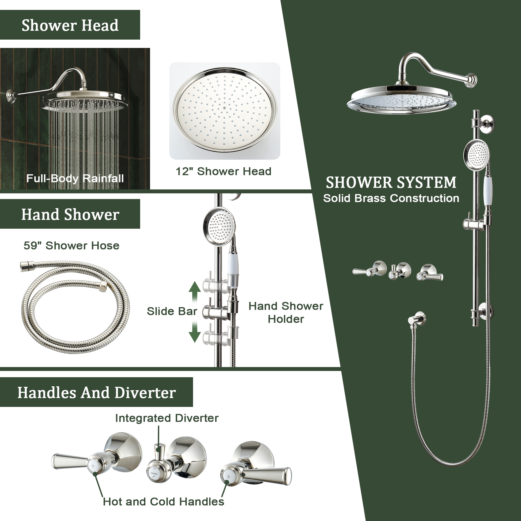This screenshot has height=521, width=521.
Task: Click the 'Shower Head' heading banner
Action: [70, 25]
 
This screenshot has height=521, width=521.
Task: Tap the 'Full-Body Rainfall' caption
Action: [75, 178]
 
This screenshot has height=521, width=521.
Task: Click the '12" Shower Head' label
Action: [224, 171]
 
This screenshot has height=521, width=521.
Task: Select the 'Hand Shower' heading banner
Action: [70, 214]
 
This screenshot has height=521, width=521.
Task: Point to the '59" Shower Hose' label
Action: [71, 246]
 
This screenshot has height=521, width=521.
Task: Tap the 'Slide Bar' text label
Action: [172, 311]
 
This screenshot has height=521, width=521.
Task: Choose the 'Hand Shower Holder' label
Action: [286, 313]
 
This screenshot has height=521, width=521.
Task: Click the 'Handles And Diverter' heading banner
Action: [97, 392]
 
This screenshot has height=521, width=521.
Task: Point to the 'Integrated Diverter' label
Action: [167, 418]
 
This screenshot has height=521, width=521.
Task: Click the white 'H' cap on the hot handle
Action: [93, 466]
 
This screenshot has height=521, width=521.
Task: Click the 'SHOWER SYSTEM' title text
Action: [391, 182]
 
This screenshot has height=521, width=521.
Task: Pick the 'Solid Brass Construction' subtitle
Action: [391, 199]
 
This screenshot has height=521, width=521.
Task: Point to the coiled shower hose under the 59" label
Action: [76, 307]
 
